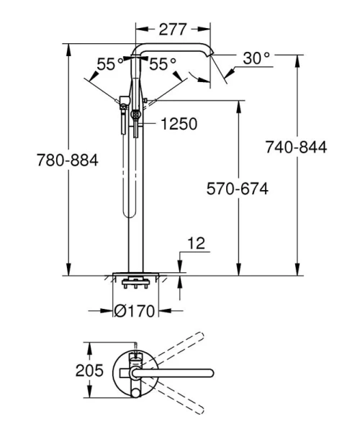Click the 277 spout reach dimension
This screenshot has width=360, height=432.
pos(173,30)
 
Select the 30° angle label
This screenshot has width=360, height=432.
pos(256,58)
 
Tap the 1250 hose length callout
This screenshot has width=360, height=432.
pos(179,124)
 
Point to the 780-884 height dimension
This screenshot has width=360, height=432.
pos(66,160)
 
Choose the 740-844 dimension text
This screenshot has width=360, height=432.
pos(296,148)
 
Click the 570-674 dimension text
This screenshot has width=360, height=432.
pos(238,189)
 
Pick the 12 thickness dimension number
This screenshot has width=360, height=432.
pos(196,244)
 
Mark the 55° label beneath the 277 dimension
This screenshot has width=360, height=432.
pos(163,64)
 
